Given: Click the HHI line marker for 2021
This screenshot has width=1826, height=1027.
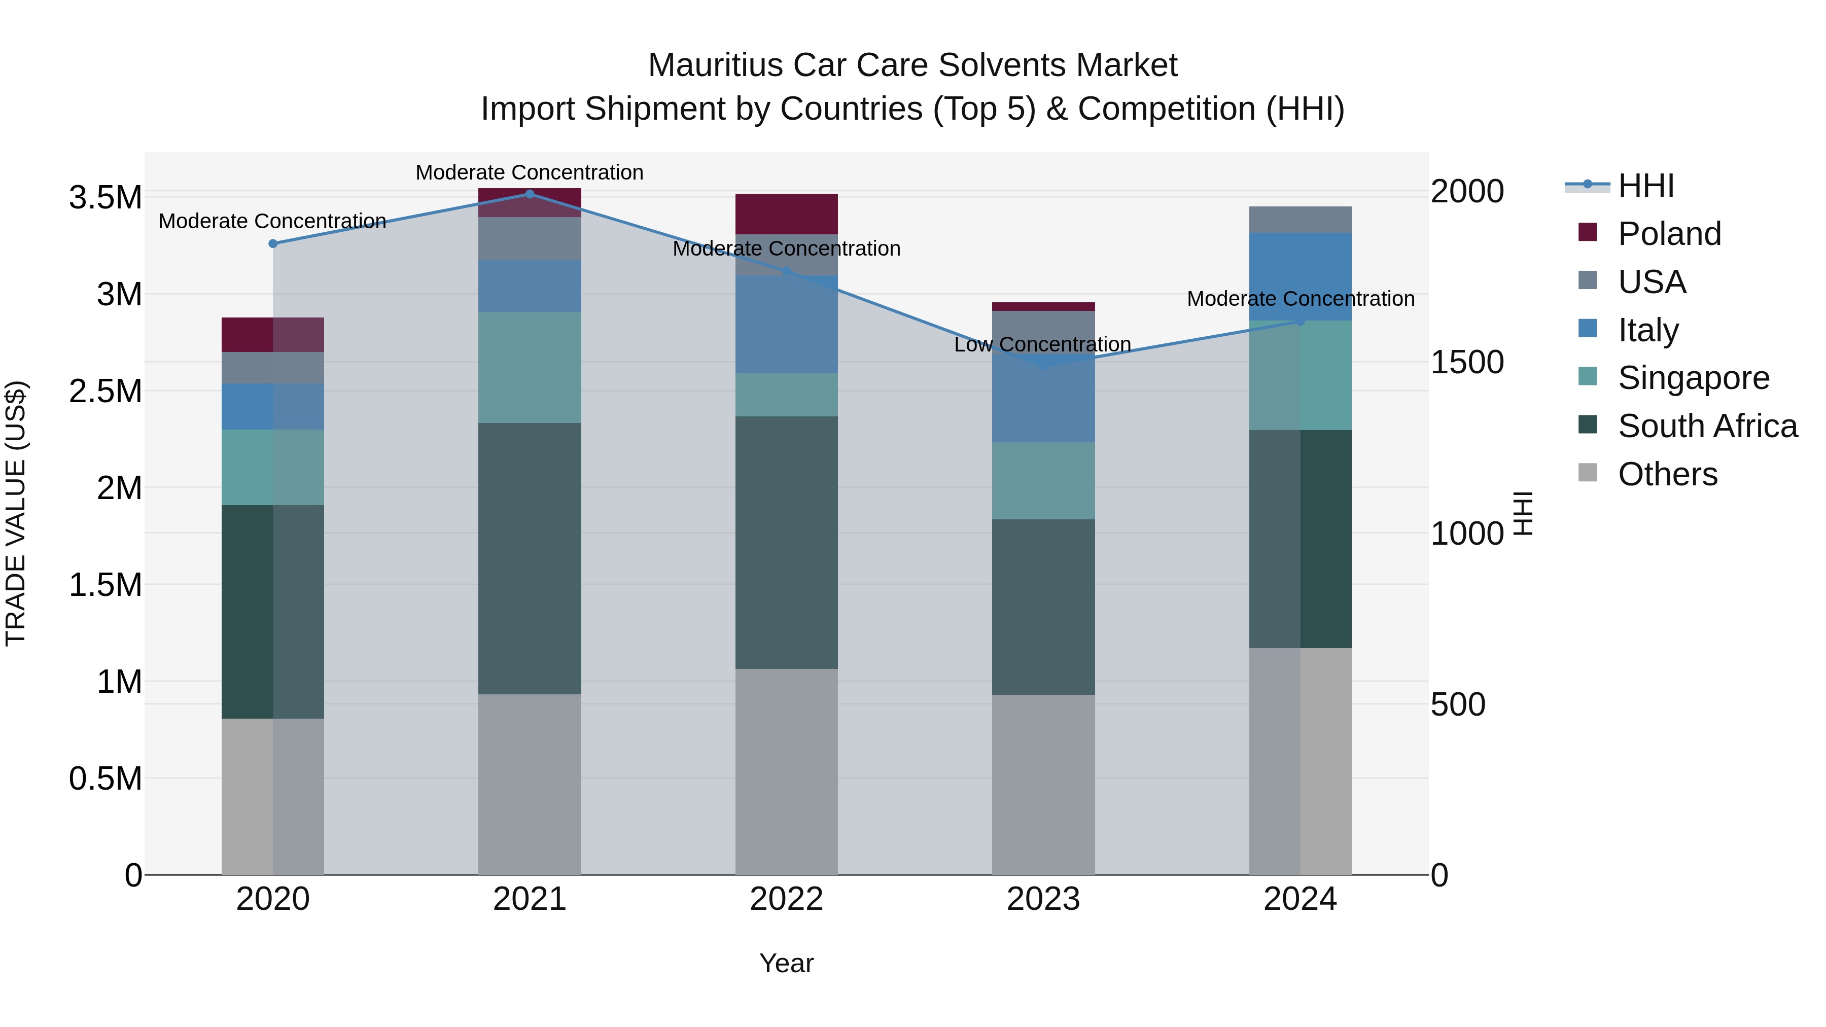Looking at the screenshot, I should tap(530, 194).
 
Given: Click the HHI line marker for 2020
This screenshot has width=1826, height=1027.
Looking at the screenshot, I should tap(273, 243).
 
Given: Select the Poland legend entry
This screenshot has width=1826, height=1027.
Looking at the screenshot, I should tap(1669, 234).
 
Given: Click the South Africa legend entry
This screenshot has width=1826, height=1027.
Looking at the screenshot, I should tap(1707, 426).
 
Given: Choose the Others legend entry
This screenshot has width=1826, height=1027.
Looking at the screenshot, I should tap(1667, 474).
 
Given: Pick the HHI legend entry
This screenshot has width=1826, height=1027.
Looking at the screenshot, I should tap(1645, 186).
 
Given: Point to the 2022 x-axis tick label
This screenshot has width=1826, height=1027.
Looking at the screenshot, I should tap(786, 899).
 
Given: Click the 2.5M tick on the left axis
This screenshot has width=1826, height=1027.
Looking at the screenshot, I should tap(106, 391).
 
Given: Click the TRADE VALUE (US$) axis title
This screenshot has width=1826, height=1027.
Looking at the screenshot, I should tap(16, 513).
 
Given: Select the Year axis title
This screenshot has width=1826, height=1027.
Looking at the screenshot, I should tap(786, 963).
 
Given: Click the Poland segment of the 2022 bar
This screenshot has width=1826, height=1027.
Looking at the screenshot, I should tap(786, 214).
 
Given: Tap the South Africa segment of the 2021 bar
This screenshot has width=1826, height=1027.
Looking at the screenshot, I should tap(530, 558).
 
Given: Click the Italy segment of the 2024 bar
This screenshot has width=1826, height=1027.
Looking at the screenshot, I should tap(1300, 276).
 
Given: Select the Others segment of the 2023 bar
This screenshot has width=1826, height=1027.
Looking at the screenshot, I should tap(1043, 784).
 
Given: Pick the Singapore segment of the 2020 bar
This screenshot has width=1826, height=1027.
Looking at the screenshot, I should tap(273, 467).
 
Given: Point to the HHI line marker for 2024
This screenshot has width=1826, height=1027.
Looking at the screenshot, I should tap(1300, 321).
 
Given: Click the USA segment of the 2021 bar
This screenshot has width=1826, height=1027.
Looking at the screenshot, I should tap(530, 238).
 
